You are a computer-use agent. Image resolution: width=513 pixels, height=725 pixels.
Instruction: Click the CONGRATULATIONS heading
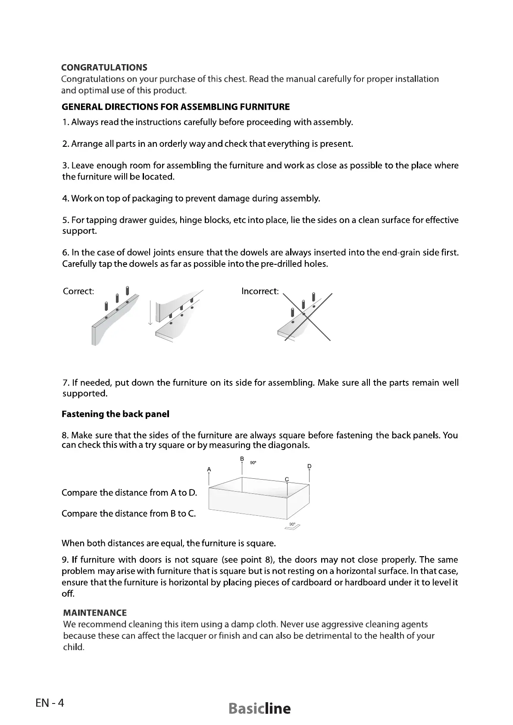pyautogui.click(x=104, y=68)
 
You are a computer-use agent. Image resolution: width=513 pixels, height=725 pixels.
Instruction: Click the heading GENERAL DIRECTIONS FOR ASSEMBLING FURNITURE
pyautogui.click(x=176, y=107)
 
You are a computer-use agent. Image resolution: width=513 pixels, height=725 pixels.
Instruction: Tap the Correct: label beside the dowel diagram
pyautogui.click(x=78, y=291)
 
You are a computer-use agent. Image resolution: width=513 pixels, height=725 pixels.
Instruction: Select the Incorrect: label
pyautogui.click(x=260, y=291)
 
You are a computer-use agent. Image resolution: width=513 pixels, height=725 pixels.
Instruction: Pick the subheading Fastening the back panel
pyautogui.click(x=116, y=414)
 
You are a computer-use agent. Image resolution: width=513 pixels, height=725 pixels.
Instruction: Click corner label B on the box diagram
pyautogui.click(x=242, y=459)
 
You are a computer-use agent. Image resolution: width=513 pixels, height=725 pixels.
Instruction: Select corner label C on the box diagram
pyautogui.click(x=287, y=479)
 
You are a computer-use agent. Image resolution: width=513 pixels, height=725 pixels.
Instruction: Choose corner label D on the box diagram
pyautogui.click(x=310, y=466)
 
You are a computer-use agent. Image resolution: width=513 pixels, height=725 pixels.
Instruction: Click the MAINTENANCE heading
pyautogui.click(x=95, y=613)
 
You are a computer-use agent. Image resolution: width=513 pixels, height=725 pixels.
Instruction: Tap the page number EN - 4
pyautogui.click(x=50, y=703)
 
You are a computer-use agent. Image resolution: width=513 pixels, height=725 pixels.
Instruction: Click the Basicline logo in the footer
pyautogui.click(x=260, y=709)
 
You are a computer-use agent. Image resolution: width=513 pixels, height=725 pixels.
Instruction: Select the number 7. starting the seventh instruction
pyautogui.click(x=66, y=383)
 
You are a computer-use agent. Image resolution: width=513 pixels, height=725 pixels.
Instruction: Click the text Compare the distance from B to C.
pyautogui.click(x=128, y=514)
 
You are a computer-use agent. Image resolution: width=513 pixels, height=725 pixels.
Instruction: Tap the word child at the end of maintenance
pyautogui.click(x=73, y=647)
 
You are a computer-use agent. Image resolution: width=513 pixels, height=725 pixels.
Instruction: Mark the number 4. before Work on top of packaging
pyautogui.click(x=66, y=198)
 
